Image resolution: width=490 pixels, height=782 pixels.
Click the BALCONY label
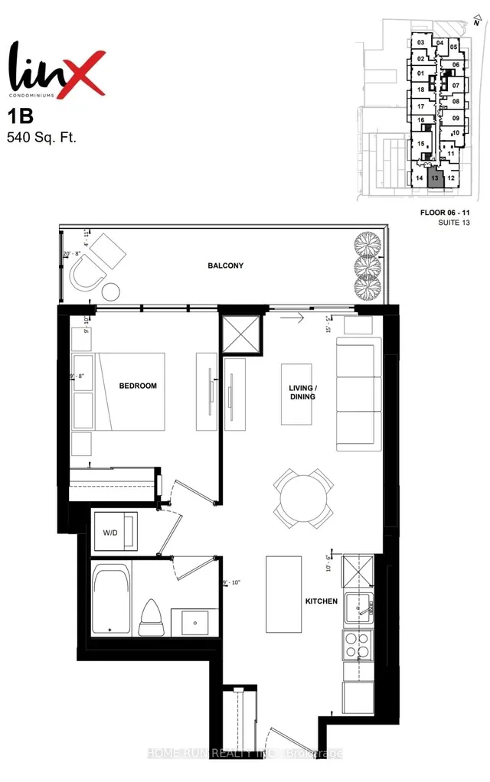pyautogui.click(x=225, y=266)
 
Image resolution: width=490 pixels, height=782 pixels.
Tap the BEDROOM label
pyautogui.click(x=138, y=386)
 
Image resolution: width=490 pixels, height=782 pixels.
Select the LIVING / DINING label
pyautogui.click(x=302, y=393)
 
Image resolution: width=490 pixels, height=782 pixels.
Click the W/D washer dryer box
pyautogui.click(x=115, y=532)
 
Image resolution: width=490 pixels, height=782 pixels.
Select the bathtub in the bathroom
pyautogui.click(x=112, y=598)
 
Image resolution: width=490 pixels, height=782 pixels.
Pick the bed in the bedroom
pyautogui.click(x=130, y=390)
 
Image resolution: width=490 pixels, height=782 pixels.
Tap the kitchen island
pyautogui.click(x=280, y=593)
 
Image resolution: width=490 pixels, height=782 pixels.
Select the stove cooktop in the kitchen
pyautogui.click(x=358, y=647)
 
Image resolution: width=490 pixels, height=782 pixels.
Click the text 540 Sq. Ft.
pyautogui.click(x=42, y=138)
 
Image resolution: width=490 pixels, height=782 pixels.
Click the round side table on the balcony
pyautogui.click(x=110, y=292)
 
